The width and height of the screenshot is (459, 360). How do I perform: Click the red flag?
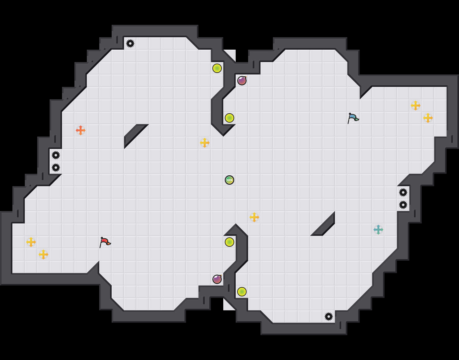click(105, 242)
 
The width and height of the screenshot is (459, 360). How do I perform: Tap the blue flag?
click(353, 118)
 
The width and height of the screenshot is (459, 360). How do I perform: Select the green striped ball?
click(229, 180)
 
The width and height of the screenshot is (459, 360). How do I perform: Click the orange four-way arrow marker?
click(81, 130)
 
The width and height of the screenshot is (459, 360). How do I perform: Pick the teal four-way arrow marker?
click(378, 230)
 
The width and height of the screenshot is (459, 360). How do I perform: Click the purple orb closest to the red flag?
click(217, 279)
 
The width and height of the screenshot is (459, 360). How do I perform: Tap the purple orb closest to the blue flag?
click(242, 81)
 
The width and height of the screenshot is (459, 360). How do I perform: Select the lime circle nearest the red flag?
click(229, 242)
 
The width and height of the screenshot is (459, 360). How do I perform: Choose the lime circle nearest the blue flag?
click(229, 118)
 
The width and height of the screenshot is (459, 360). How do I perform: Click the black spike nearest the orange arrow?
click(56, 155)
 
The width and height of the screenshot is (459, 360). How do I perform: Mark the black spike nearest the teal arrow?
click(403, 205)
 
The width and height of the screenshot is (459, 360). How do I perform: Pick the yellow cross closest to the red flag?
click(43, 254)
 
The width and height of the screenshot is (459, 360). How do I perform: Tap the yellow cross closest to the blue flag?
click(416, 106)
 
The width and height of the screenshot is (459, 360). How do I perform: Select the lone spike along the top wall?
click(130, 43)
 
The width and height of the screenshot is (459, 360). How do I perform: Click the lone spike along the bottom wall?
click(329, 317)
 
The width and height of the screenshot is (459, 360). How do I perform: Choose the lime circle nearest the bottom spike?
click(242, 292)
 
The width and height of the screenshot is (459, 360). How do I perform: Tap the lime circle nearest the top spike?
click(217, 68)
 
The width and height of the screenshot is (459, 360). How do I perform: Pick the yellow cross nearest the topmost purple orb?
click(205, 143)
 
